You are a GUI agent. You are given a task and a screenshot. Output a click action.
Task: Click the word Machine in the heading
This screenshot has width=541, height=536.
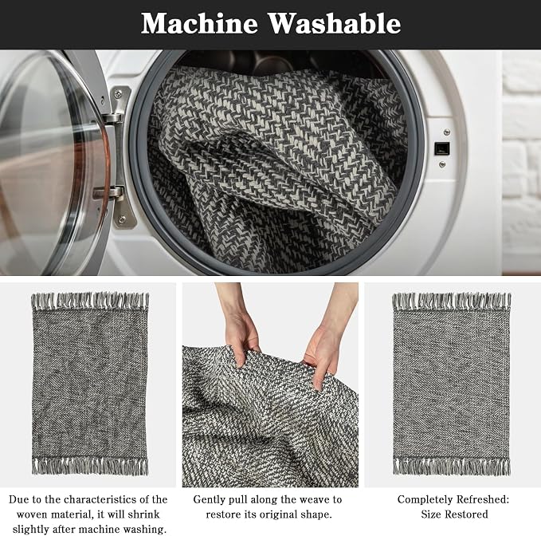pos(199,23)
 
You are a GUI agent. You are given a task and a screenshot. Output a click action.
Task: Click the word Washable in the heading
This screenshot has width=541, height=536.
pos(335,23)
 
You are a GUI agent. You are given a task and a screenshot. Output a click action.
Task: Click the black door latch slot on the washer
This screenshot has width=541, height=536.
pos(441,148)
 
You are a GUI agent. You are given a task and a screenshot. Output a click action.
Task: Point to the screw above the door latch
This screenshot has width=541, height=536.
pos(447,132)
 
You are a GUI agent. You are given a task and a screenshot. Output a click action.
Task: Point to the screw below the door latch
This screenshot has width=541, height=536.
pos(442,164)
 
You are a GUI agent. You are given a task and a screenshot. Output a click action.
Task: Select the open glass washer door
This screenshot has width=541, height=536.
pos(55,163)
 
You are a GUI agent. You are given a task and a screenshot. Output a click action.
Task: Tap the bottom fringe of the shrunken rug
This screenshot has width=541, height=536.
pos(90,466)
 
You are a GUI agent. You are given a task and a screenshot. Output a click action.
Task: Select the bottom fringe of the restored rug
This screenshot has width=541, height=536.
pos(452,466)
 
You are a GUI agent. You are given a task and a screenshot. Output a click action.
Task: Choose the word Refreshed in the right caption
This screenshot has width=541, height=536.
pos(482,500)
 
